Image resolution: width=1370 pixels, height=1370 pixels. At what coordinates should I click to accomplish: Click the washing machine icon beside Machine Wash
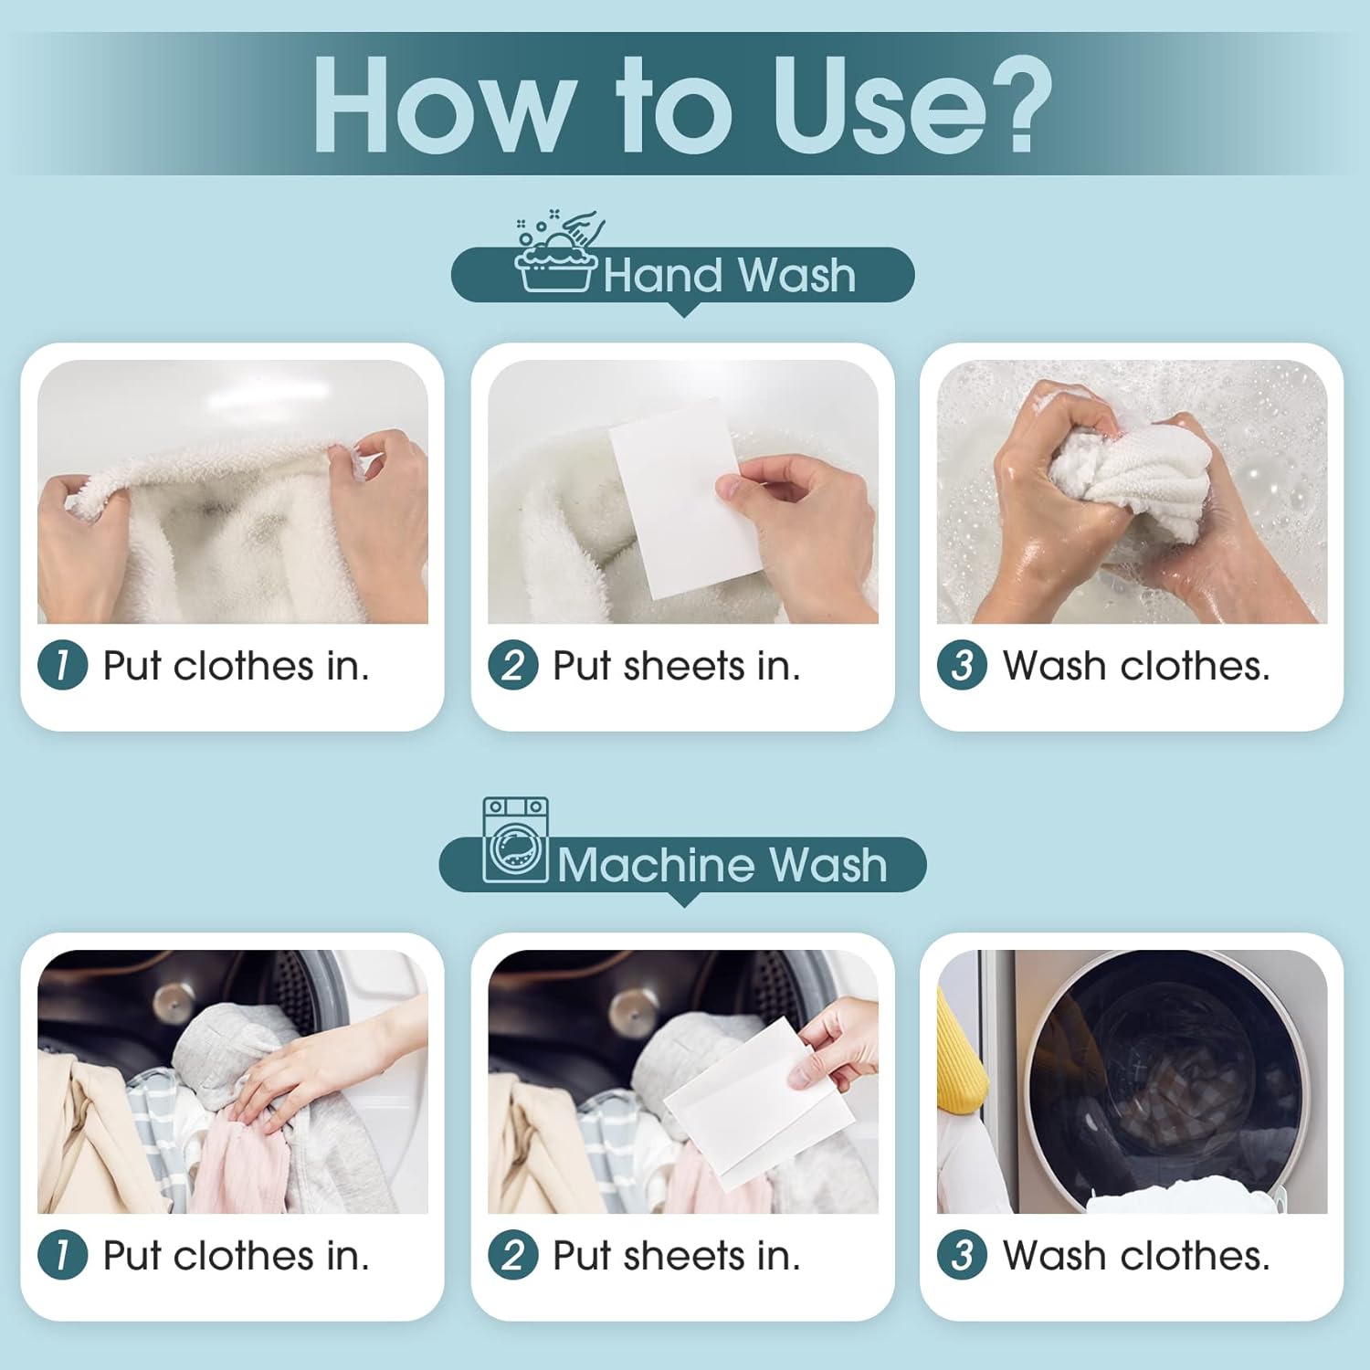pos(515,840)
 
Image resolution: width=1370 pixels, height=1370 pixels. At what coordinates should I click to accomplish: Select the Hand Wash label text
pos(729,275)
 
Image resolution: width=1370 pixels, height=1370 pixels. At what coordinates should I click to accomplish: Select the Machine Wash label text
pos(722,864)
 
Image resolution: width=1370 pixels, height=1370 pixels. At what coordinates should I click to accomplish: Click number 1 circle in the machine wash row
pos(62,1254)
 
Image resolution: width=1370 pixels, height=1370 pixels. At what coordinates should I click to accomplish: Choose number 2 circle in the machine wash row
pos(512,1254)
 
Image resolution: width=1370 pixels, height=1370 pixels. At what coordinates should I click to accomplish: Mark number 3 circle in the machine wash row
pos(962,1254)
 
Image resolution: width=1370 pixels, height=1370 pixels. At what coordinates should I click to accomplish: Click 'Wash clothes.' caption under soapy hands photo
pos(1136,666)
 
